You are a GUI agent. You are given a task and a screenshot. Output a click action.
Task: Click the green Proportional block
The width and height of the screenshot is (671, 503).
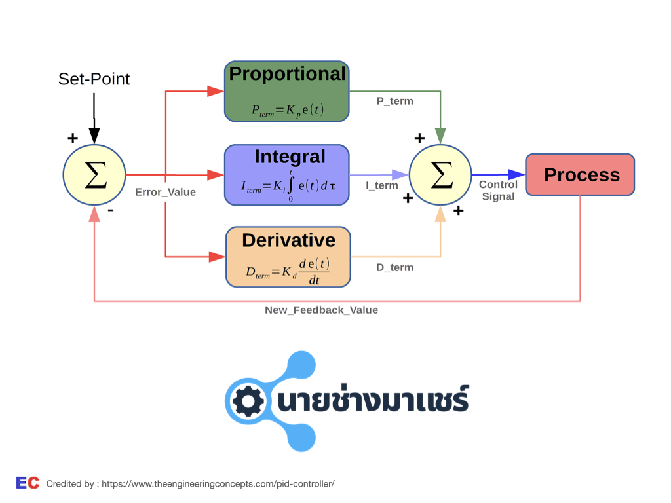pos(287,91)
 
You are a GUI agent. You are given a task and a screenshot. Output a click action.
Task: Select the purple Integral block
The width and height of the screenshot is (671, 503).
pos(287,175)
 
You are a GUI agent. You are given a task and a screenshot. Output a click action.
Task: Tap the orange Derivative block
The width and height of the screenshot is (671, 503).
pos(288,257)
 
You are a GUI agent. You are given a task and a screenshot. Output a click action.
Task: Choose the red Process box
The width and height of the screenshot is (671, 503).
pos(580,174)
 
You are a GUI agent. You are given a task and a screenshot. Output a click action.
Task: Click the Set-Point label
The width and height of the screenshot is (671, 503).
pos(94,79)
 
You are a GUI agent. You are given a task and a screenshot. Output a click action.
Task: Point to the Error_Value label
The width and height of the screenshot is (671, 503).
pos(166,192)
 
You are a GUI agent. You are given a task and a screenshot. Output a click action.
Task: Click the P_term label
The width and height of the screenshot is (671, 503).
pos(395,102)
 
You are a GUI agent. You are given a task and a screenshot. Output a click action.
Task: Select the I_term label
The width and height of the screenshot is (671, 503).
pos(382,185)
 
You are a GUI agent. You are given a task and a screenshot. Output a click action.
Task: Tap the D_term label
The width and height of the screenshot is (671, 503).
pos(395,268)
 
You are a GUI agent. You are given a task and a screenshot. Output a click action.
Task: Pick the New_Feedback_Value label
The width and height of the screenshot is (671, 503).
pos(321,310)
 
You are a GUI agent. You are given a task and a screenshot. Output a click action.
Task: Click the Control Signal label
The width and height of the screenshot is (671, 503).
pos(498,191)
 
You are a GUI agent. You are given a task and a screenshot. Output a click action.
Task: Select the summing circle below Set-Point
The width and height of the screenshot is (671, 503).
pos(94,175)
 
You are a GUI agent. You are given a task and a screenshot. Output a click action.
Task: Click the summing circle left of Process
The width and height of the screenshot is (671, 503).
pos(440,175)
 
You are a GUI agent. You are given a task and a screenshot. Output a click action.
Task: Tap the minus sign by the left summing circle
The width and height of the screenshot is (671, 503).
pos(111,210)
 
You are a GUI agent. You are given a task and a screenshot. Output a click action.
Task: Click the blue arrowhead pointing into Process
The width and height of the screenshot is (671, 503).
pos(516,174)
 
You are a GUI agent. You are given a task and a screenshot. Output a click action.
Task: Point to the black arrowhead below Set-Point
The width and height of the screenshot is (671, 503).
pos(94,136)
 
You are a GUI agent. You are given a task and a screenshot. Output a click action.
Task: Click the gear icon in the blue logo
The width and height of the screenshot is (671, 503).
pos(247,401)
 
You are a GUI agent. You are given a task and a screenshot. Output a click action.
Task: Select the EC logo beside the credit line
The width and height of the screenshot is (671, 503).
pos(28,483)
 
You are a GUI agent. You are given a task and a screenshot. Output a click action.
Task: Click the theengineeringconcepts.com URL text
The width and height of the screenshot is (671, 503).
pos(218,484)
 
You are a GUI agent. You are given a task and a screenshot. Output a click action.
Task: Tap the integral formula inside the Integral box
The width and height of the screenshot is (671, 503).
pos(288,186)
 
